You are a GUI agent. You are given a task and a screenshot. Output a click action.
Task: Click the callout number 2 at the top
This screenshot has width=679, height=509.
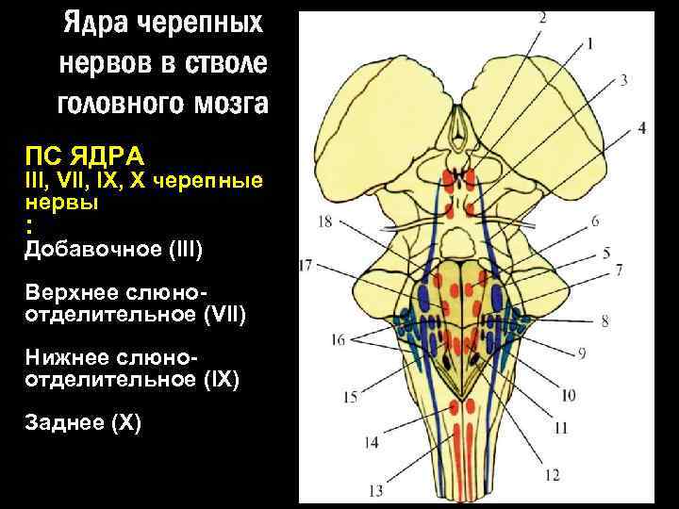point(543,16)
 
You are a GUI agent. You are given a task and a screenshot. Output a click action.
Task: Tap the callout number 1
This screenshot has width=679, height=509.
point(589,42)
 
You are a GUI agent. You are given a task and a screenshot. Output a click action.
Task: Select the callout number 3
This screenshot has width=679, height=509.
point(624,80)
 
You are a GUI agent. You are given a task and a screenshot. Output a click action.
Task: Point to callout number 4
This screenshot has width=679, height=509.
point(641,126)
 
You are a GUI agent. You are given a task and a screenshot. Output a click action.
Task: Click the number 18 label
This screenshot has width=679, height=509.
point(325,223)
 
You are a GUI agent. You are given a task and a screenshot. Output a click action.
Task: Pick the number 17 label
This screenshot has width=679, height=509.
point(306,266)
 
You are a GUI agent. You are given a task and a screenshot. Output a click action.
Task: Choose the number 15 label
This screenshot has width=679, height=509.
point(350,397)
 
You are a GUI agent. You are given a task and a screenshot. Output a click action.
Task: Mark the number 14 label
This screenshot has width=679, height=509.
point(371,442)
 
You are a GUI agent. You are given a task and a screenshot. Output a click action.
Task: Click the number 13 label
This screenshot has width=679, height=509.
point(376,490)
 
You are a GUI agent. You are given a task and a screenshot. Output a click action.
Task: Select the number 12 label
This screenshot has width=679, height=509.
point(552,474)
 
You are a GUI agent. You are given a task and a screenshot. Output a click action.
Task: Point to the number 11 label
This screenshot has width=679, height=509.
point(561,428)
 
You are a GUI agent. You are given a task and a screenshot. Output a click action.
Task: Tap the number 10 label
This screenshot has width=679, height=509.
point(595,395)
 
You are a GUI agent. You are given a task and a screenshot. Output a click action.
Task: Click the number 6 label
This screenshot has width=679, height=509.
point(596,222)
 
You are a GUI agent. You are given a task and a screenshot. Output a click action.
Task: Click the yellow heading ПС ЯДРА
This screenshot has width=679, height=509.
point(84,155)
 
